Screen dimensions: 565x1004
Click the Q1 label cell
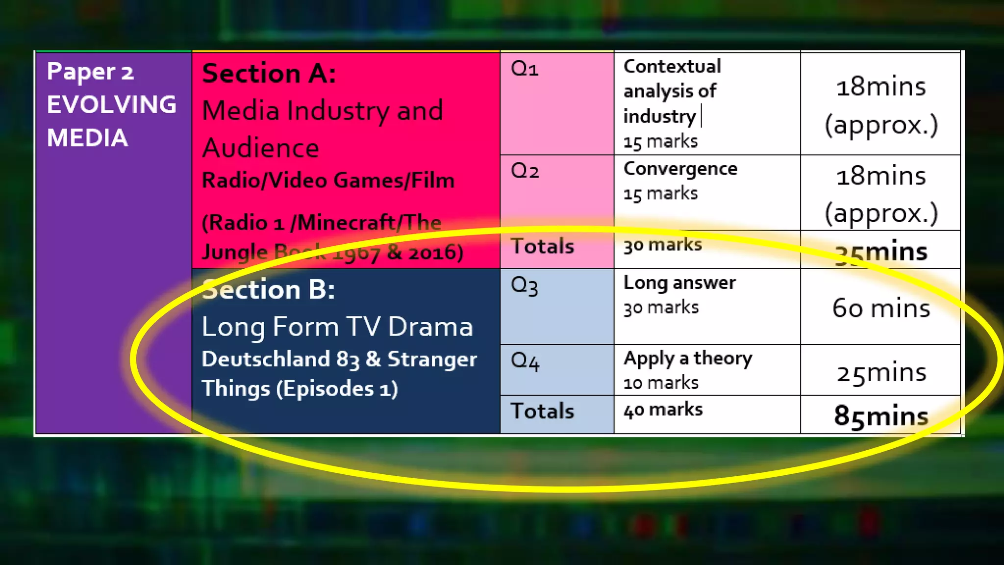[x=525, y=69]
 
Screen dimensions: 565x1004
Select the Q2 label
[x=525, y=171]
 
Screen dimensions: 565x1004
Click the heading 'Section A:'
[x=269, y=74]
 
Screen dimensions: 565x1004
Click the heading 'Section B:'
[x=269, y=289]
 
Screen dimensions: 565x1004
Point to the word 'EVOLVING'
[x=112, y=104]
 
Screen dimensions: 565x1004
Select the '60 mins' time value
[x=881, y=308]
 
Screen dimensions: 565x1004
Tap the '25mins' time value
[x=881, y=373]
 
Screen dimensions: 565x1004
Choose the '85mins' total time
[x=881, y=416]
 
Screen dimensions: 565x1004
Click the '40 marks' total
[x=663, y=410]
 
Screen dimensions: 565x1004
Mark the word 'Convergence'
[x=680, y=169]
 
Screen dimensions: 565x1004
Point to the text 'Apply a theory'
[x=688, y=359]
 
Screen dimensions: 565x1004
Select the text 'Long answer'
[x=679, y=283]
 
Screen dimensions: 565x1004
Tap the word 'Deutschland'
[x=266, y=359]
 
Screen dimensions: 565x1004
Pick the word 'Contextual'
[x=672, y=66]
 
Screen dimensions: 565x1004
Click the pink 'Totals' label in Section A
[x=542, y=246]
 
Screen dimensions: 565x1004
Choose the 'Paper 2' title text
[x=90, y=72]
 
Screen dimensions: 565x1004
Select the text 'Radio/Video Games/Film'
[x=328, y=180]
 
